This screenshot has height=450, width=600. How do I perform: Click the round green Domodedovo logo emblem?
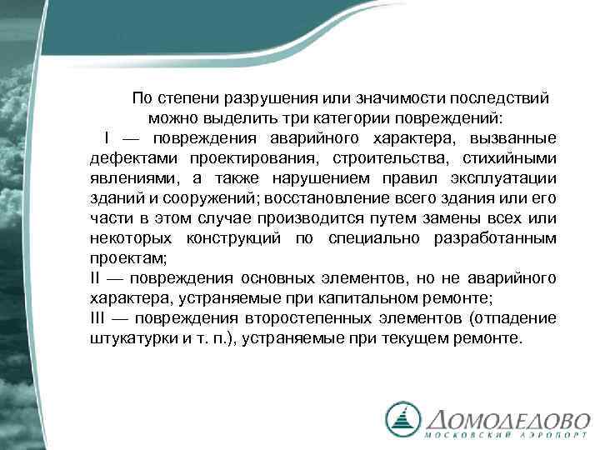(403, 418)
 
